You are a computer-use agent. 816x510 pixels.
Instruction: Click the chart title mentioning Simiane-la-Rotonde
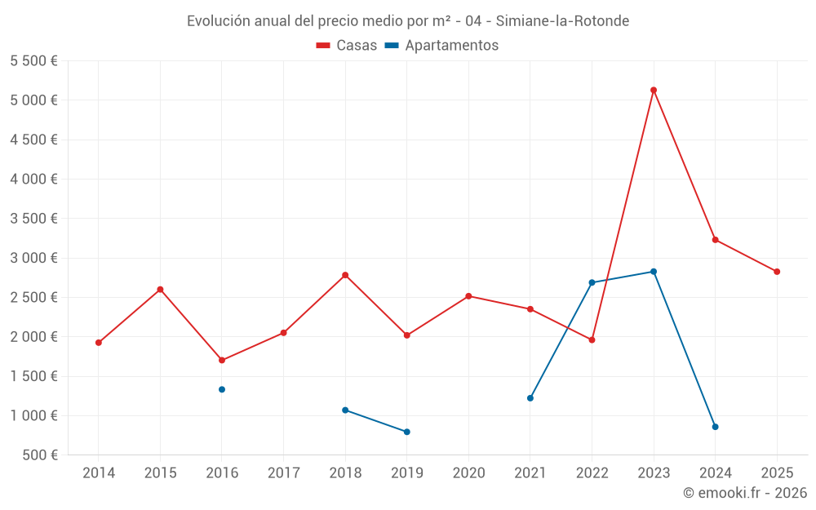tap(408, 21)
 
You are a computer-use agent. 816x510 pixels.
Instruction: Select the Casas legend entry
tap(347, 46)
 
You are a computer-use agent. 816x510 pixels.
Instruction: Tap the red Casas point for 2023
tap(654, 90)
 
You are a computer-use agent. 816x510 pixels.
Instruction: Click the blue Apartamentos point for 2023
tap(654, 272)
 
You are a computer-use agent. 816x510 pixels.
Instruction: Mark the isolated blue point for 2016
tap(222, 389)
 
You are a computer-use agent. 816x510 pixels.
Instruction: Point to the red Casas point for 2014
tap(99, 343)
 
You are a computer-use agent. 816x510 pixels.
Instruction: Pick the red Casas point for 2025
tap(777, 272)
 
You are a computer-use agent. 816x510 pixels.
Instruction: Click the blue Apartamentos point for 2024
tap(715, 427)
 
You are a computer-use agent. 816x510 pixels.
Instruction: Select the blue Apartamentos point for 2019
tap(407, 432)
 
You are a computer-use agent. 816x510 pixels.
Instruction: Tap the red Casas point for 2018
tap(345, 275)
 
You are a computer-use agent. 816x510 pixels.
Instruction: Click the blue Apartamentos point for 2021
tap(530, 398)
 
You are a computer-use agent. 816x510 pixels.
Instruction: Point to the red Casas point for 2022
tap(592, 339)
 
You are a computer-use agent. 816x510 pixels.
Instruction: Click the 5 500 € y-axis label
tap(33, 61)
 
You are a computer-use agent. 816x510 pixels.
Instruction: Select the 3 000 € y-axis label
tap(33, 258)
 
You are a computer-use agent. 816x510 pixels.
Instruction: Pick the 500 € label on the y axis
tap(38, 455)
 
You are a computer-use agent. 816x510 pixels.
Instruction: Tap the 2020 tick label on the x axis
tap(468, 473)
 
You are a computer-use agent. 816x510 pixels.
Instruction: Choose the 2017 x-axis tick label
tap(283, 473)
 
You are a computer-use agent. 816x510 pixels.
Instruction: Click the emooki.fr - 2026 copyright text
tap(744, 493)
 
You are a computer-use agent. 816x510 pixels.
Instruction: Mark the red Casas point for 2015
tap(160, 289)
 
